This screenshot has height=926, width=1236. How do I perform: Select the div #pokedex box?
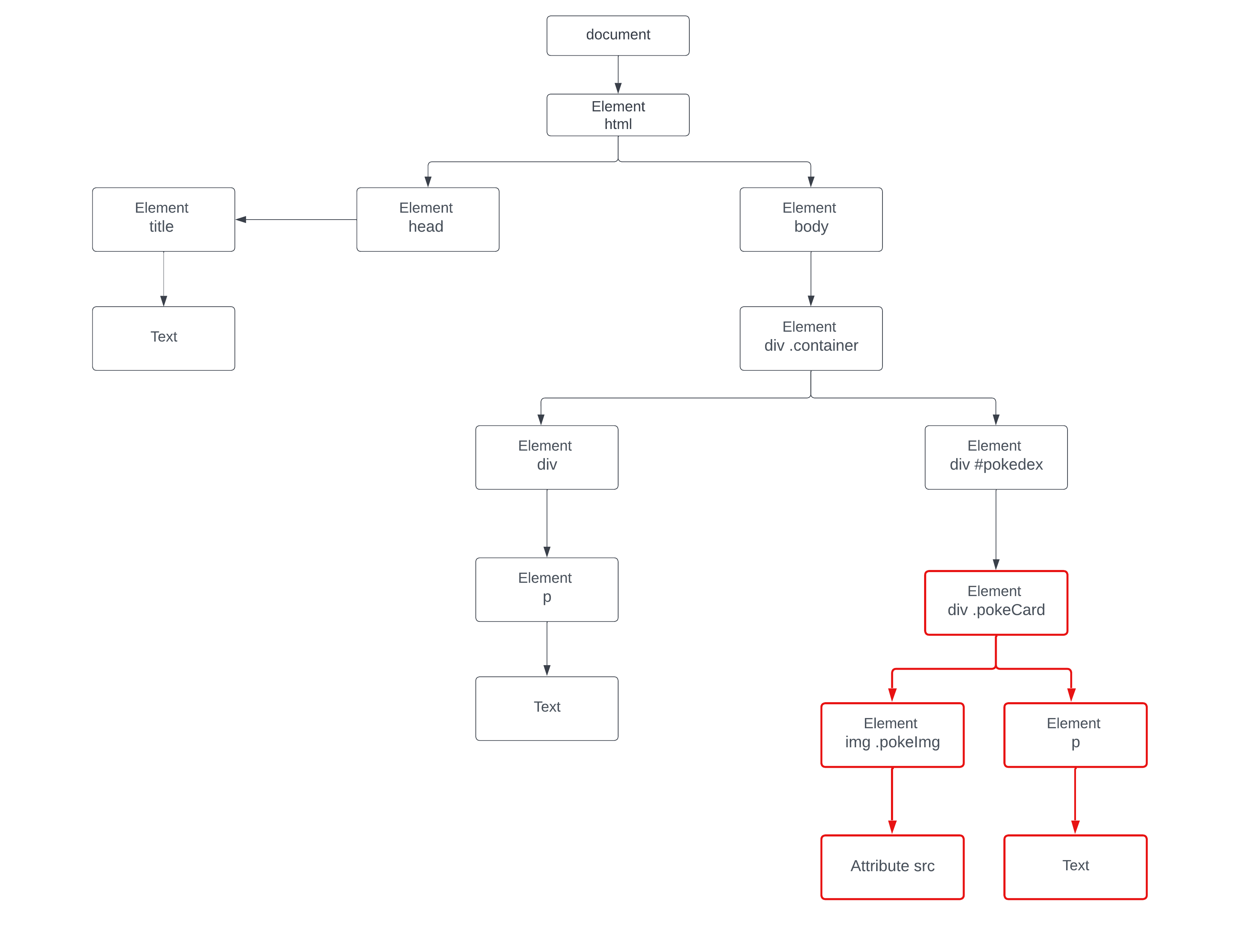pyautogui.click(x=996, y=457)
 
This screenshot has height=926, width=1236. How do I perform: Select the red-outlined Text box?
pyautogui.click(x=1075, y=867)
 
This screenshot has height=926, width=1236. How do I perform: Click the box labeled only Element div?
pyautogui.click(x=547, y=457)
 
